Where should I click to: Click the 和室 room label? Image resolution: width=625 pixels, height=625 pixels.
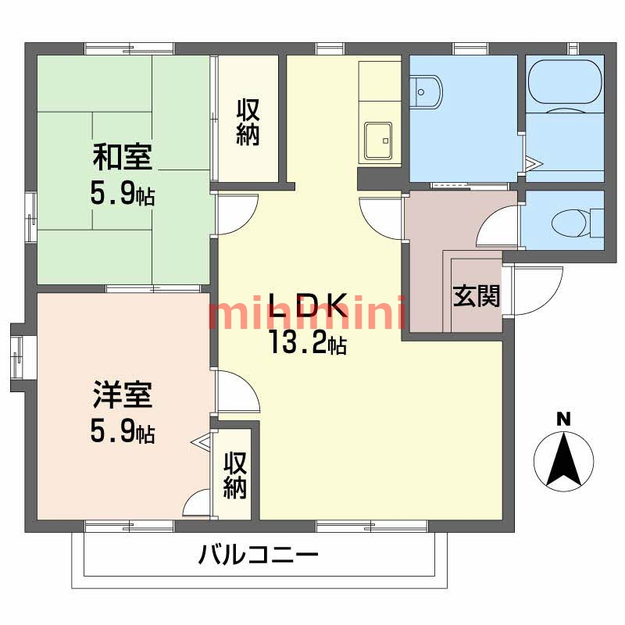[x=123, y=159]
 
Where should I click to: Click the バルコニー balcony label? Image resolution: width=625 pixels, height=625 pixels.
[x=258, y=556]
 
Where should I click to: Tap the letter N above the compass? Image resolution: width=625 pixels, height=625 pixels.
[x=562, y=420]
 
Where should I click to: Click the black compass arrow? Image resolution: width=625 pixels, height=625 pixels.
[x=562, y=460]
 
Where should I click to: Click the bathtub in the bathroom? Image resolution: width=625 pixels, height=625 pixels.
[x=564, y=85]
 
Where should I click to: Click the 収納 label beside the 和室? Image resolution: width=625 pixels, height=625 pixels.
[x=248, y=122]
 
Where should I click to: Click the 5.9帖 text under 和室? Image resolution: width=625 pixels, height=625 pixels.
[x=123, y=194]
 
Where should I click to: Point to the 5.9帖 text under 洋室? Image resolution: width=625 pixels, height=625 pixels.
[x=123, y=430]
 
